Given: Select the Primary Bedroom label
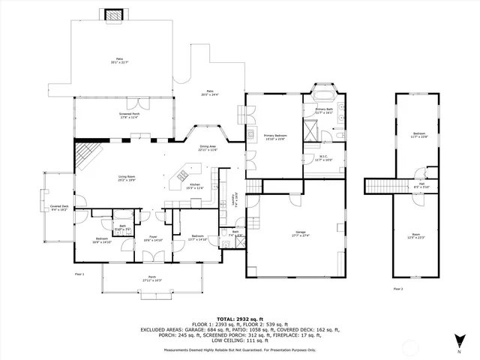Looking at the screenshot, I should pyautogui.click(x=274, y=136).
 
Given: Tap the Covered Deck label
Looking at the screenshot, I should pyautogui.click(x=59, y=209).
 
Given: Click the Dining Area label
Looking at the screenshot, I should pyautogui.click(x=207, y=148).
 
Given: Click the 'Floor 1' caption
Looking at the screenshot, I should pyautogui.click(x=79, y=274).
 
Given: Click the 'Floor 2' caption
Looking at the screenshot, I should pyautogui.click(x=397, y=288).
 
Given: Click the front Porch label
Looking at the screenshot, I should pyautogui.click(x=152, y=278).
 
